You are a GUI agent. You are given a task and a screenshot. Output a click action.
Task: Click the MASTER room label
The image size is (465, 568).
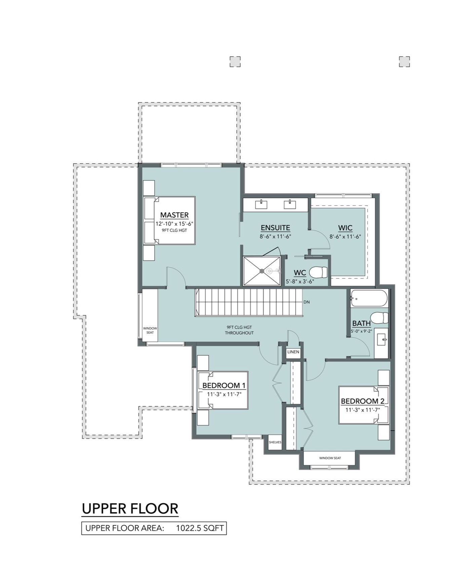pos(174,215)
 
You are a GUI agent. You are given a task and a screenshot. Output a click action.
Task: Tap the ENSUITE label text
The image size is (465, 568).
pos(275,228)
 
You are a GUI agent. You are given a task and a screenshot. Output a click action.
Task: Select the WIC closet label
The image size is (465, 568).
pos(345,228)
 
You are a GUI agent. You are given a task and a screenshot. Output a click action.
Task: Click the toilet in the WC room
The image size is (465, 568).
pos(318,272)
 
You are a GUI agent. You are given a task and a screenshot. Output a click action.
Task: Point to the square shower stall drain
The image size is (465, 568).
pos(262,271)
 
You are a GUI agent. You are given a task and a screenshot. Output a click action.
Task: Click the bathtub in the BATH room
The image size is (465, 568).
pos(369,298)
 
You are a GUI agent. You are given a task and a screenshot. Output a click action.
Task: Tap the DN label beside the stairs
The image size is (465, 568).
pos(307,302)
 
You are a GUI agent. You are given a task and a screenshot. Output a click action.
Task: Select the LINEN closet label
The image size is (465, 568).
pos(293,352)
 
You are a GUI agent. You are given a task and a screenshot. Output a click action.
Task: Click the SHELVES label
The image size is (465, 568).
pos(275,442)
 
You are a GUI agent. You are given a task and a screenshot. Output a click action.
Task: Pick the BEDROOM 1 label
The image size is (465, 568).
pos(224,385)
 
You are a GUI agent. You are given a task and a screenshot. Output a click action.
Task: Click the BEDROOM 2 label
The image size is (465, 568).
pos(363,401)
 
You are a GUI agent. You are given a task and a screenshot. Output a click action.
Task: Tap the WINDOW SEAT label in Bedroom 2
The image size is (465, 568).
pos(330,458)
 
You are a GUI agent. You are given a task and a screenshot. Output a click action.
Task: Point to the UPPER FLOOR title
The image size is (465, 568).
pos(130,509)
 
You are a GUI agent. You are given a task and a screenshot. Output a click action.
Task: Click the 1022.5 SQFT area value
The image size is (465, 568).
pos(200,528)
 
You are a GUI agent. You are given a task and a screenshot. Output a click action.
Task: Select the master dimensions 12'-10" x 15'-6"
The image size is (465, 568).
pos(174,224)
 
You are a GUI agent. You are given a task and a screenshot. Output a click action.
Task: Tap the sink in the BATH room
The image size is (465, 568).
pos(381,339)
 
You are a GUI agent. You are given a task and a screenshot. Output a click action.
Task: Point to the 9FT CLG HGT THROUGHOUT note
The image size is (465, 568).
pos(239,330)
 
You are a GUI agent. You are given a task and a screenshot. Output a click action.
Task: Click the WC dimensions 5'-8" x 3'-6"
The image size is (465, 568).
pos(300,281)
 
